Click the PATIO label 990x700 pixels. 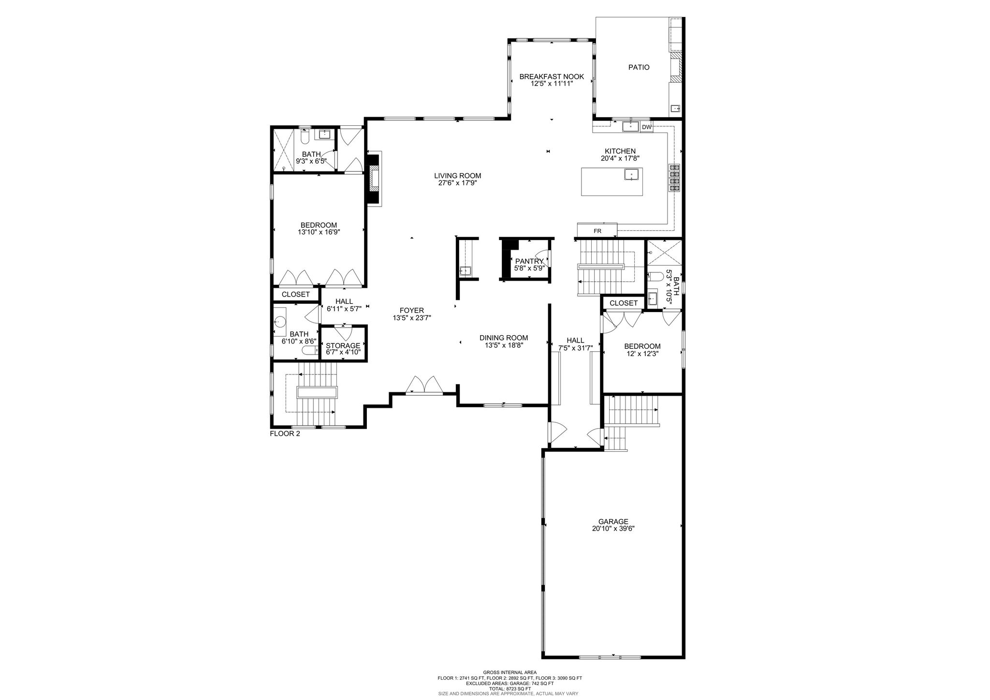[x=639, y=67]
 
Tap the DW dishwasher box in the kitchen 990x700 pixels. [x=646, y=127]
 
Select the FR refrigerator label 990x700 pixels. [x=597, y=231]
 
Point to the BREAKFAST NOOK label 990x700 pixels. [x=552, y=76]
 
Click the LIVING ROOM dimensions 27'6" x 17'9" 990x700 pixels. [x=457, y=183]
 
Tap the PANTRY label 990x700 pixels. [x=530, y=261]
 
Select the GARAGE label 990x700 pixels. [x=613, y=521]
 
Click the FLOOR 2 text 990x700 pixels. [x=285, y=433]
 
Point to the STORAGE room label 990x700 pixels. [x=343, y=345]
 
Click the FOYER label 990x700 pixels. [x=412, y=311]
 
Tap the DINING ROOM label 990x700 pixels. [x=504, y=338]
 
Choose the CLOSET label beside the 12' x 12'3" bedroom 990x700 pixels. [x=624, y=303]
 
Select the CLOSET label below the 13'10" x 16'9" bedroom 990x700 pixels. [x=296, y=294]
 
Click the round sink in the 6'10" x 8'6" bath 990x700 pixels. [x=280, y=320]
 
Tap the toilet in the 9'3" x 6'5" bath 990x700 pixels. [x=305, y=136]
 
